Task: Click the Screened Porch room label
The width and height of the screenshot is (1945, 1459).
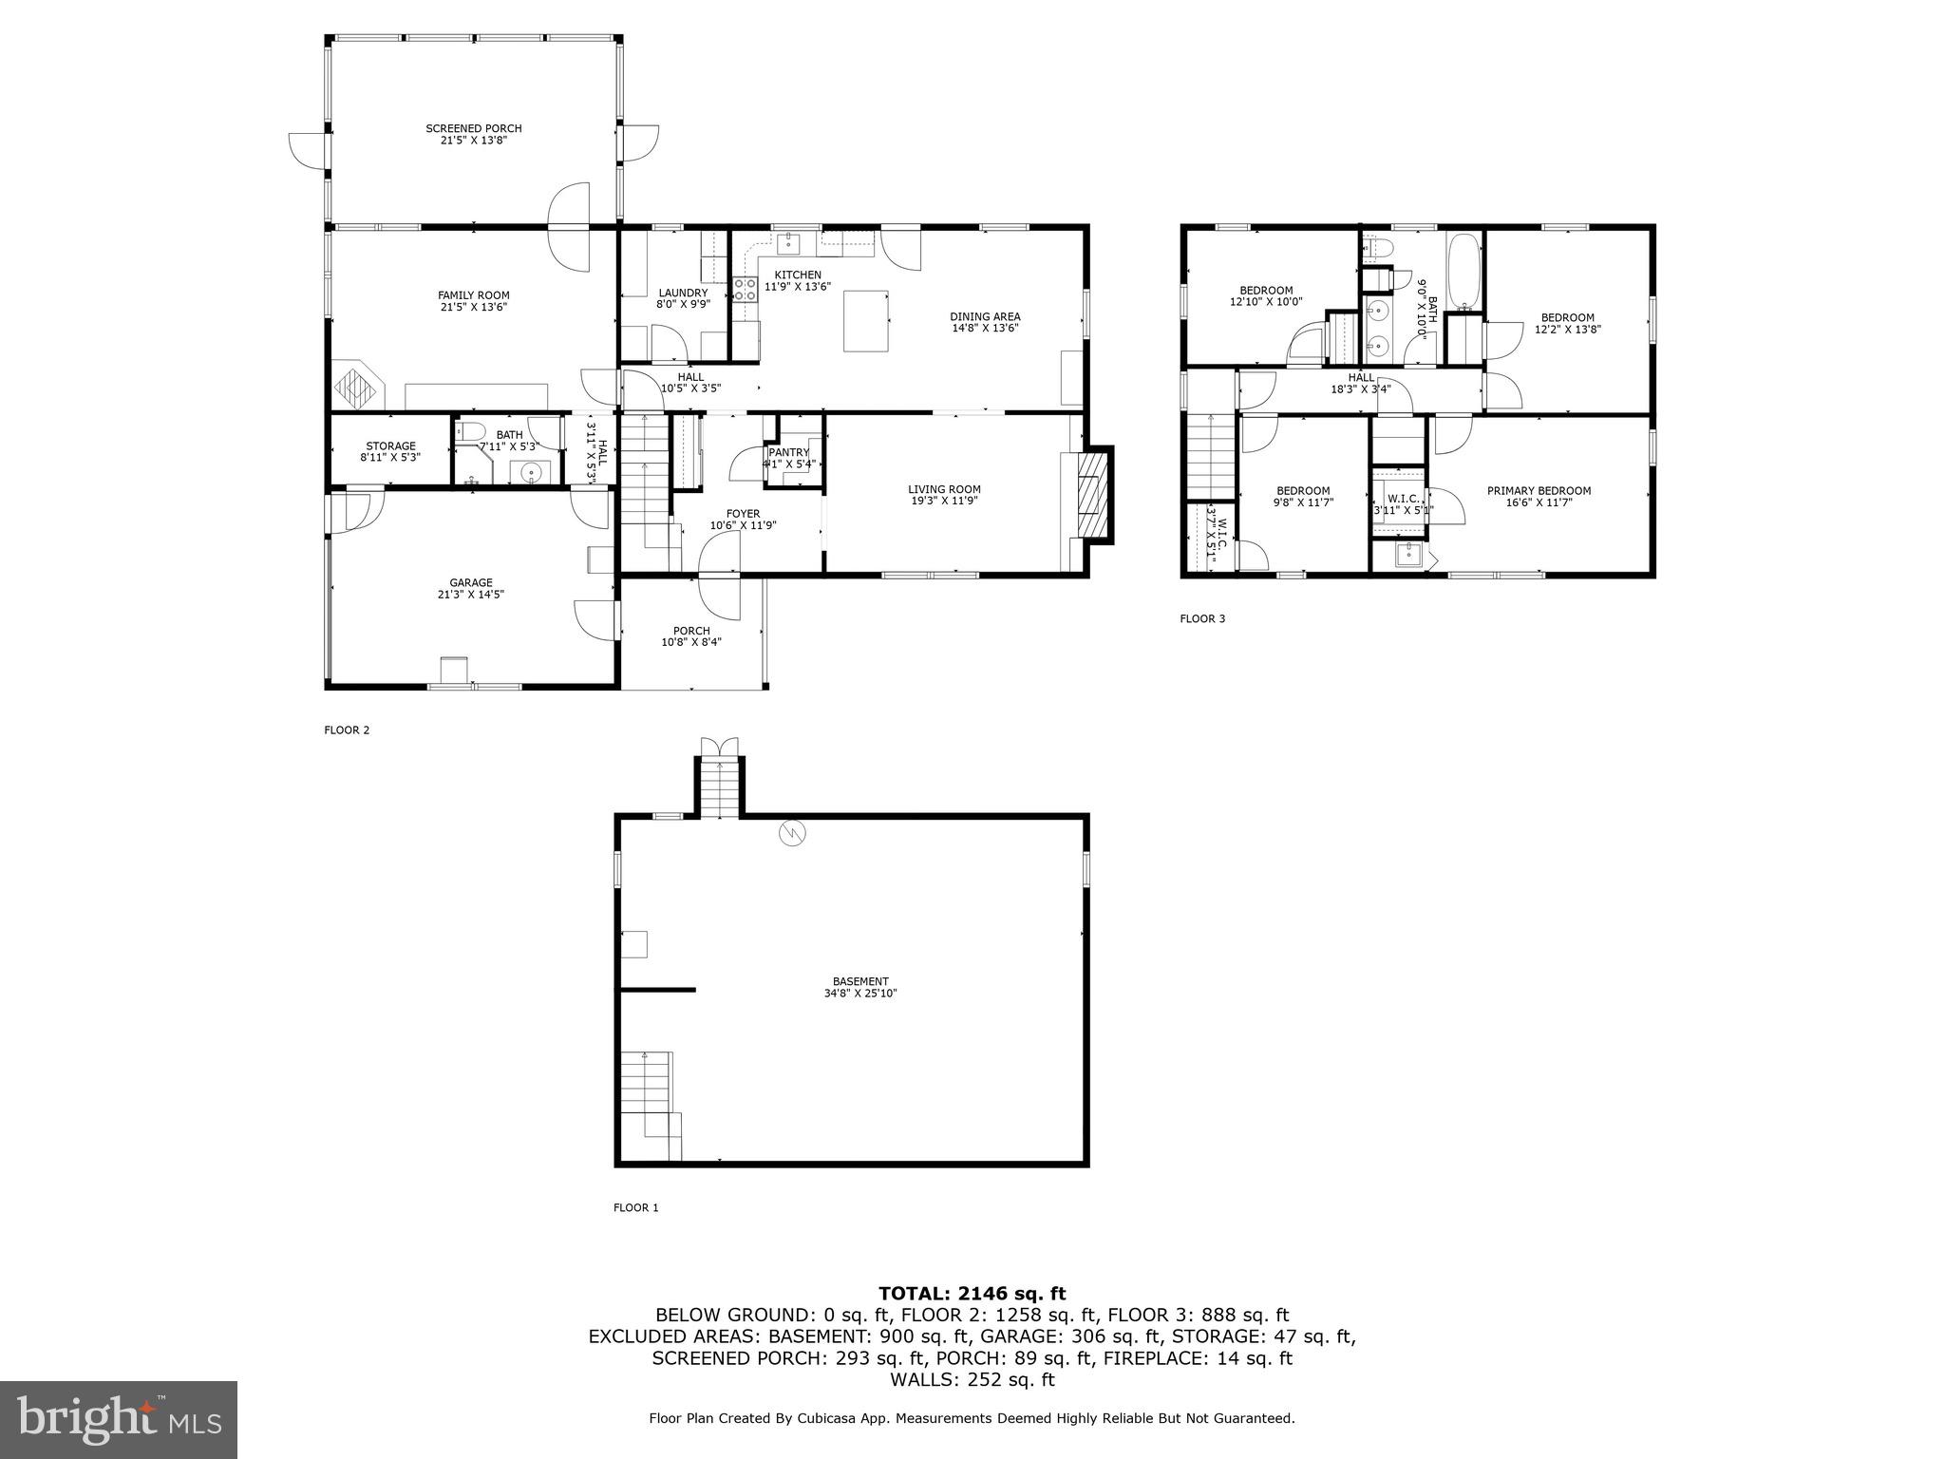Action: click(x=473, y=129)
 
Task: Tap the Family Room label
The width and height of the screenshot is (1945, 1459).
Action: click(x=473, y=295)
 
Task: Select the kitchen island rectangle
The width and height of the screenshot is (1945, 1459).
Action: click(x=866, y=321)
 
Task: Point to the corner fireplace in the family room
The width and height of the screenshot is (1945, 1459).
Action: click(x=358, y=386)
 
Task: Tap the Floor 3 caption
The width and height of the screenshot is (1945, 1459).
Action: click(x=1202, y=619)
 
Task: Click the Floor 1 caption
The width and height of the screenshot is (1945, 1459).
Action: click(x=635, y=1208)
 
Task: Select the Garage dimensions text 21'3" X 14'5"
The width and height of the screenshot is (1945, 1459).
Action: click(x=471, y=595)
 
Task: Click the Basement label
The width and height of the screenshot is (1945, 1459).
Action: click(x=860, y=982)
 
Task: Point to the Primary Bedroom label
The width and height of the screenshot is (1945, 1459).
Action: click(x=1539, y=491)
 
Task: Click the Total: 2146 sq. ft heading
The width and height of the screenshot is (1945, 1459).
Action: click(x=972, y=1294)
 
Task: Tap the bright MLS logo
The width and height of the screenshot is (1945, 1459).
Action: click(x=119, y=1420)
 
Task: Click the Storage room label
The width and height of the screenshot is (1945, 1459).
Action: click(x=390, y=445)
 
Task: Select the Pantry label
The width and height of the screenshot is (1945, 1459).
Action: click(x=789, y=453)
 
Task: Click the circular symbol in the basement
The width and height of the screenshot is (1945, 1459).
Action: click(x=790, y=834)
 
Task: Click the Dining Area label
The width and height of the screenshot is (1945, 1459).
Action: click(x=985, y=316)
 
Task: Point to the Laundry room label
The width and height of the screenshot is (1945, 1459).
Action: click(x=683, y=294)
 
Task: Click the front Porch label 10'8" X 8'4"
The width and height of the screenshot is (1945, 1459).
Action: click(x=691, y=636)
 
